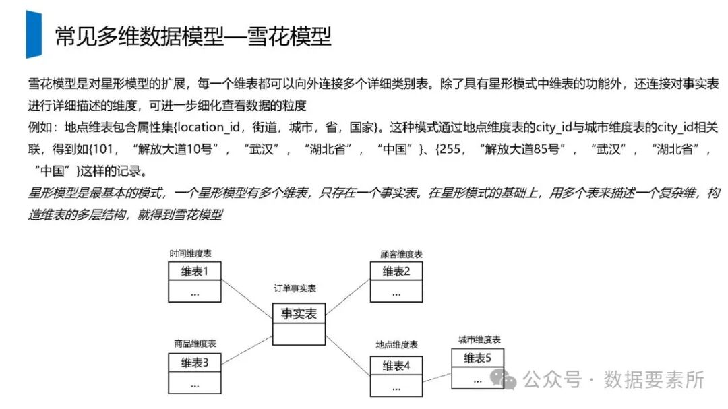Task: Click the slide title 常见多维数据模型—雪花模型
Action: tap(193, 36)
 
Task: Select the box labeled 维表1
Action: tap(195, 272)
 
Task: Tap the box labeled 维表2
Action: tap(397, 272)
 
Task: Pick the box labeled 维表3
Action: tap(195, 363)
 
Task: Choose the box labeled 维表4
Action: tap(397, 366)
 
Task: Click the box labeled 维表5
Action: tap(478, 358)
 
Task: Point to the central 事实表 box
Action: tap(299, 313)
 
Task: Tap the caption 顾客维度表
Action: tap(401, 254)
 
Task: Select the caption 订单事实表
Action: tap(295, 288)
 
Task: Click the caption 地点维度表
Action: tap(397, 345)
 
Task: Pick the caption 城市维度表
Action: tap(479, 339)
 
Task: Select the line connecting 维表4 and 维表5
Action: tap(437, 373)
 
